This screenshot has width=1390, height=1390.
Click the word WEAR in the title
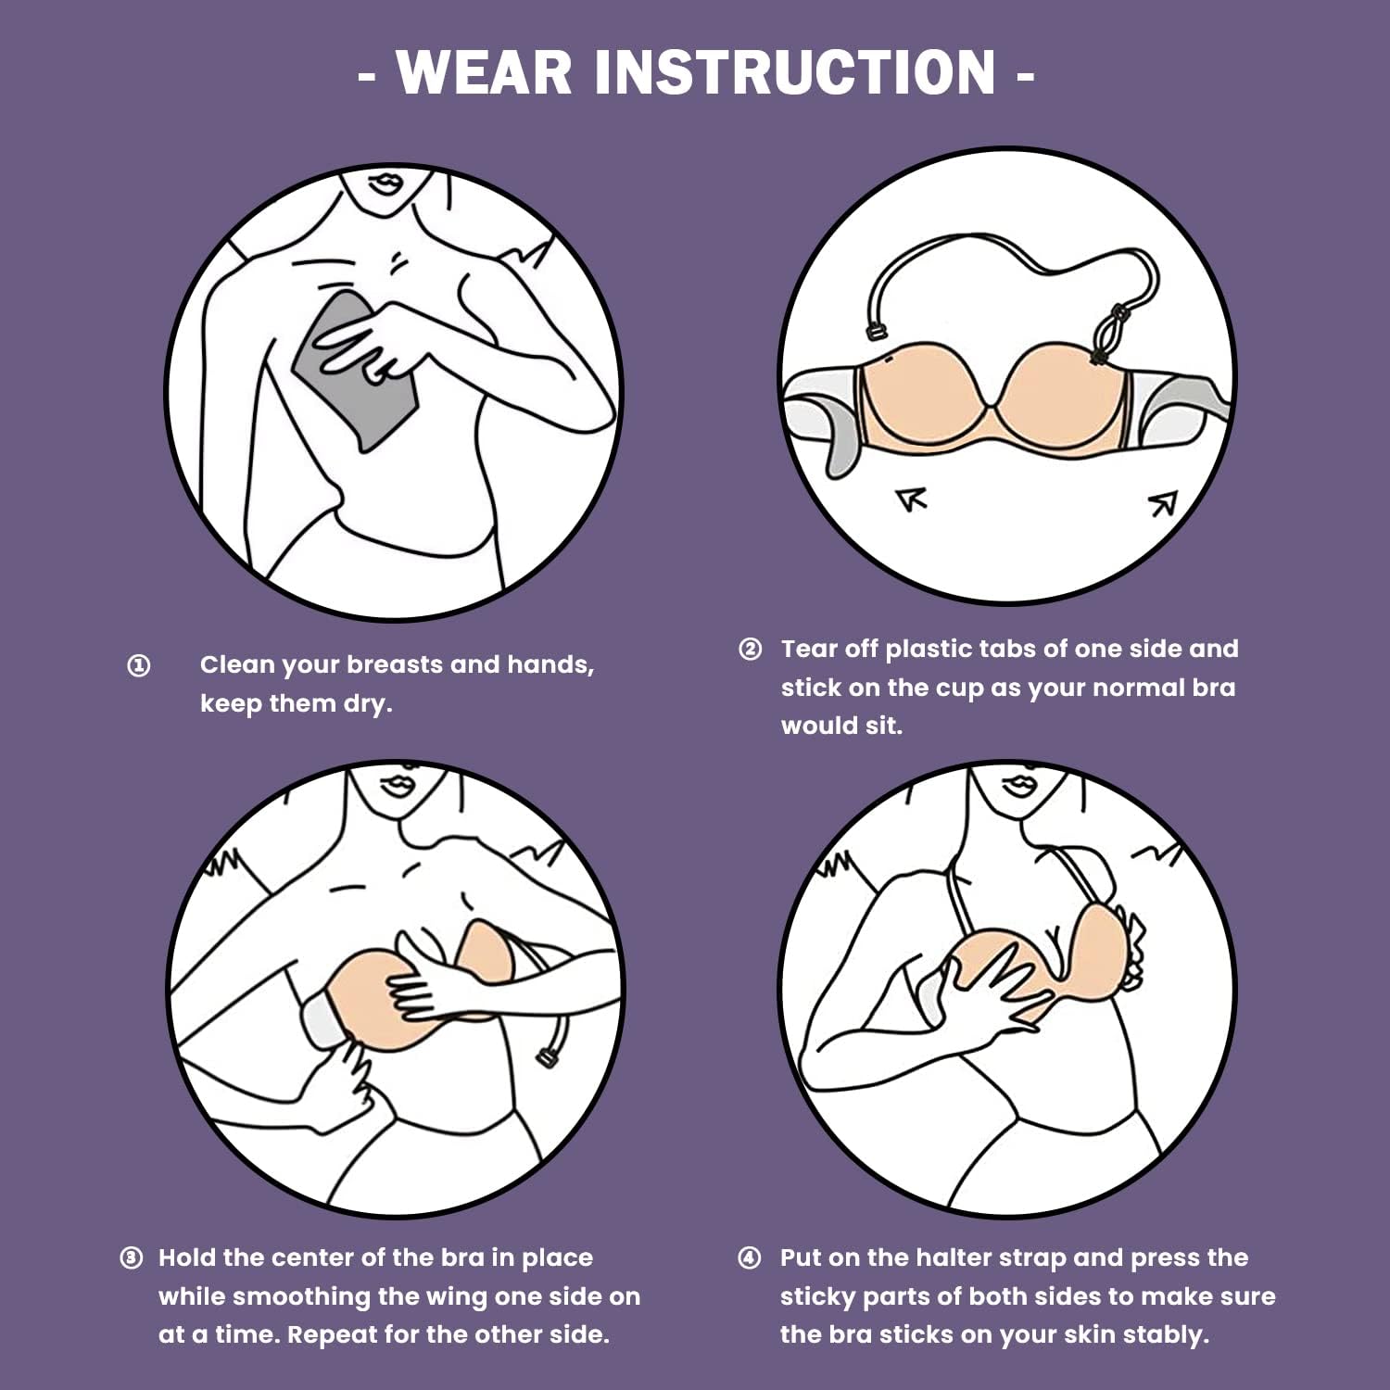pos(485,71)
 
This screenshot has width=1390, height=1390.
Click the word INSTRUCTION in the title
pos(795,71)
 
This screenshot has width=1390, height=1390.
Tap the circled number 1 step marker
pos(138,665)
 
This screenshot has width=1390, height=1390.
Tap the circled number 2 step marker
pos(750,649)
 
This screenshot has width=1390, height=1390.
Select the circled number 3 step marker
pos(132,1257)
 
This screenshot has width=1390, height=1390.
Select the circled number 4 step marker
pos(750,1257)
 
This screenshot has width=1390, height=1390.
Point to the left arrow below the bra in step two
pos(912,500)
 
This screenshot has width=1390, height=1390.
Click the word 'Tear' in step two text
pos(809,649)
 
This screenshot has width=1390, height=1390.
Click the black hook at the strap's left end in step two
pos(875,330)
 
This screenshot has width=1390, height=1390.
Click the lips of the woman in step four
pos(1018,783)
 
